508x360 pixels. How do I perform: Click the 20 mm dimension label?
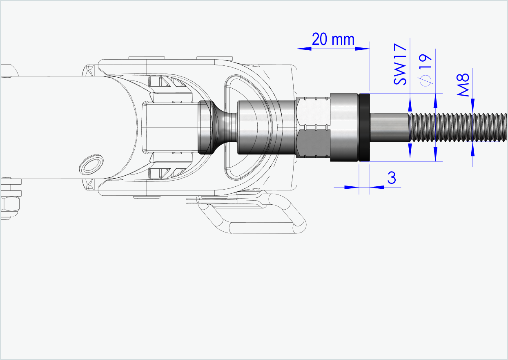(333, 40)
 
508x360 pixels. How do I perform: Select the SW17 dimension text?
(401, 62)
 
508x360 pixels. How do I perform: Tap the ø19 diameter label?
(426, 69)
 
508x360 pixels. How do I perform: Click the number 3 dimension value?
(391, 179)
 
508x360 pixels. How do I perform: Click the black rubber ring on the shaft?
(364, 127)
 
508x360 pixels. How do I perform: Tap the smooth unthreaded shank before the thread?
(389, 127)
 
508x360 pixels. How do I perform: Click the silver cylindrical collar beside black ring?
(344, 127)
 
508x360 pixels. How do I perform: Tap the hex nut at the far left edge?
(9, 204)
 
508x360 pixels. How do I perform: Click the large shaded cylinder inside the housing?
(265, 127)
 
